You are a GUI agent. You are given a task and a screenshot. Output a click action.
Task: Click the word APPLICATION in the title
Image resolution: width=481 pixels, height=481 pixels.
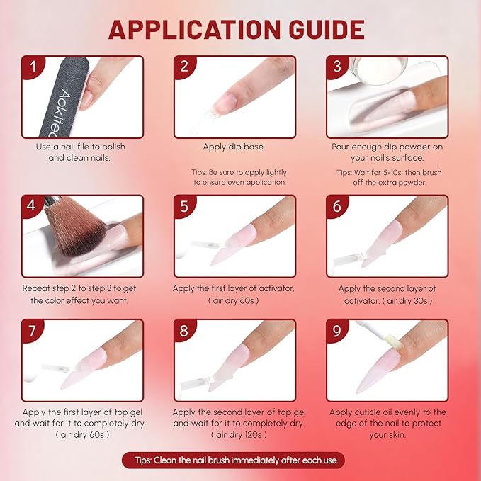(x=195, y=30)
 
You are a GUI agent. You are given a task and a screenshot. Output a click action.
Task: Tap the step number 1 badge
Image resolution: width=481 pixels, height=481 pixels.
(x=33, y=67)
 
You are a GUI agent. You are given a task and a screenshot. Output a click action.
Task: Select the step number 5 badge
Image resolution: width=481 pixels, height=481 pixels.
(x=184, y=206)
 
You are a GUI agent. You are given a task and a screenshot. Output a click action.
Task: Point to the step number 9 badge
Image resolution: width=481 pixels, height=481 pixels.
(x=336, y=330)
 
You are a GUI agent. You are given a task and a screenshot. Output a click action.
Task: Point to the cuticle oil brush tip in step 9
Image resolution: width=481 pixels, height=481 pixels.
(x=394, y=342)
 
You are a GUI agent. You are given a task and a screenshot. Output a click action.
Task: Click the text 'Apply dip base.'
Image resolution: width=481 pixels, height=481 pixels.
(x=234, y=147)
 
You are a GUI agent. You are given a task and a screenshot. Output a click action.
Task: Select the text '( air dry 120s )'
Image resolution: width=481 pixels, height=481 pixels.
(x=239, y=434)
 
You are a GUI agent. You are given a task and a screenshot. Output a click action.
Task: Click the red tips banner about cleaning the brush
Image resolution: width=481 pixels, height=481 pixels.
(x=234, y=460)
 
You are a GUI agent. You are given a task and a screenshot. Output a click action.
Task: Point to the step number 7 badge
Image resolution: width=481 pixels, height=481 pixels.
(x=33, y=330)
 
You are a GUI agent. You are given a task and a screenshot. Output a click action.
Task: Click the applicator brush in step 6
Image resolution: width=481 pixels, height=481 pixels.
(x=348, y=259)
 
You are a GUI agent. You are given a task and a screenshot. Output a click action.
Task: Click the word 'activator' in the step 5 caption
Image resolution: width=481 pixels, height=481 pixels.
(x=276, y=288)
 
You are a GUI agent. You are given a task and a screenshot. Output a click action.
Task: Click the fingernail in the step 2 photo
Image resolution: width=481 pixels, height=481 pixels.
(x=225, y=103)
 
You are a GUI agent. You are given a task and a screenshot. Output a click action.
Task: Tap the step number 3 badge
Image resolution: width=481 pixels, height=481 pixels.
(x=337, y=67)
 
